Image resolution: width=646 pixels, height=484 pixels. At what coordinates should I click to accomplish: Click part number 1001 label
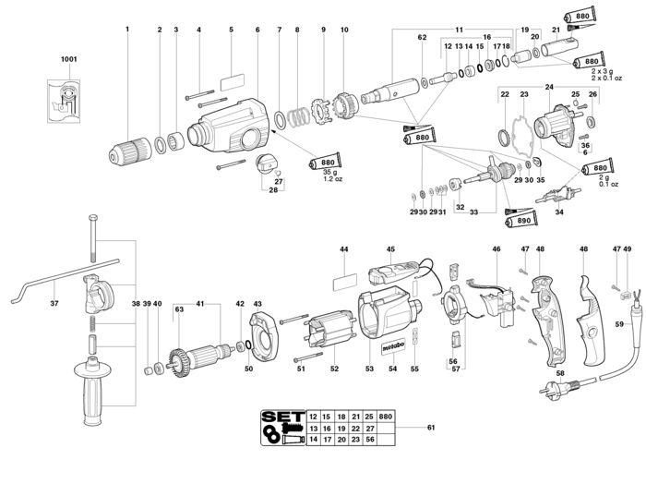tap(67, 60)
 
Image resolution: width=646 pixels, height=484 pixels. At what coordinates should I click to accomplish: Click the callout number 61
tap(432, 430)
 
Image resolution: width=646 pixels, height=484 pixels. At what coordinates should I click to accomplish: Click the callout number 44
tap(343, 249)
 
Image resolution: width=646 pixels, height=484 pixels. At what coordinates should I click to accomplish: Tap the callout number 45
tap(390, 249)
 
